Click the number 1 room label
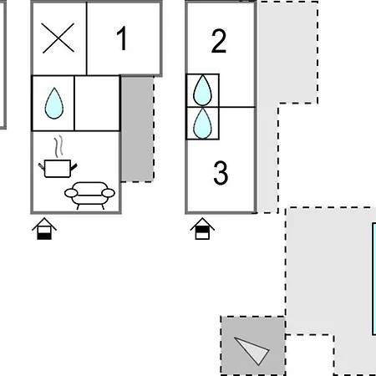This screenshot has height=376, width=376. (122, 38)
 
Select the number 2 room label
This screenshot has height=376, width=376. (219, 41)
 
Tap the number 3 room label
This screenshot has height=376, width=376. (221, 173)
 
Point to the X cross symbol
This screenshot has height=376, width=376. (58, 38)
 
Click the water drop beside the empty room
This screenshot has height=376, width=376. (54, 104)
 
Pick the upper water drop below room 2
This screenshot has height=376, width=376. (202, 90)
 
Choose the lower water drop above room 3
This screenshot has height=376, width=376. (202, 124)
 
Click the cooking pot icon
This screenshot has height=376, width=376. (58, 168)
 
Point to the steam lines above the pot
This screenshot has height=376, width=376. (58, 146)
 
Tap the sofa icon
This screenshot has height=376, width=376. (89, 196)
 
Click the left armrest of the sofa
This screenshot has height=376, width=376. (71, 193)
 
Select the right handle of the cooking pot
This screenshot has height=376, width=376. (74, 167)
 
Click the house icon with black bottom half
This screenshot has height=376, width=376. (44, 229)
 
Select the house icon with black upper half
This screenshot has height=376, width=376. (202, 229)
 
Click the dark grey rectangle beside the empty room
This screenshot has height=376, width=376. (137, 130)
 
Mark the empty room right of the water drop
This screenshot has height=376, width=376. (97, 103)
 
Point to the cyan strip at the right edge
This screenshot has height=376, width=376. (374, 278)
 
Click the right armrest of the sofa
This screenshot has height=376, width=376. (109, 193)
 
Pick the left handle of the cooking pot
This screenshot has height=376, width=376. (42, 166)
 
